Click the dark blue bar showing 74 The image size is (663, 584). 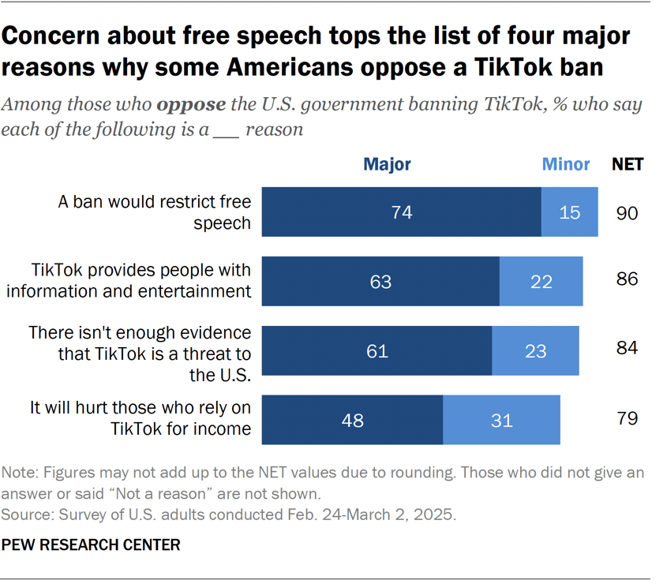[401, 212]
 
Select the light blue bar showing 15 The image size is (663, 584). [569, 212]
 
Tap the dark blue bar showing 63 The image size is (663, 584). [380, 282]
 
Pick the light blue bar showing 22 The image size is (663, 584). [541, 282]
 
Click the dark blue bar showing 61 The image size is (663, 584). [376, 350]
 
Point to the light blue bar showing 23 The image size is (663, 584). [535, 350]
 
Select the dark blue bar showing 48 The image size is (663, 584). [352, 420]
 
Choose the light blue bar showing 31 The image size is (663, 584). [501, 420]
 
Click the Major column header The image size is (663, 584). [387, 165]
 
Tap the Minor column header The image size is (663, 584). [565, 165]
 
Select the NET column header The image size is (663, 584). [627, 165]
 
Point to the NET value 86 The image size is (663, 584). [627, 280]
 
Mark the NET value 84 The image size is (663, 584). [627, 349]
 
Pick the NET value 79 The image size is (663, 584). [627, 418]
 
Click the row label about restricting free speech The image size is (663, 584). [155, 212]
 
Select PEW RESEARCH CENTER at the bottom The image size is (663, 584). [91, 545]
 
